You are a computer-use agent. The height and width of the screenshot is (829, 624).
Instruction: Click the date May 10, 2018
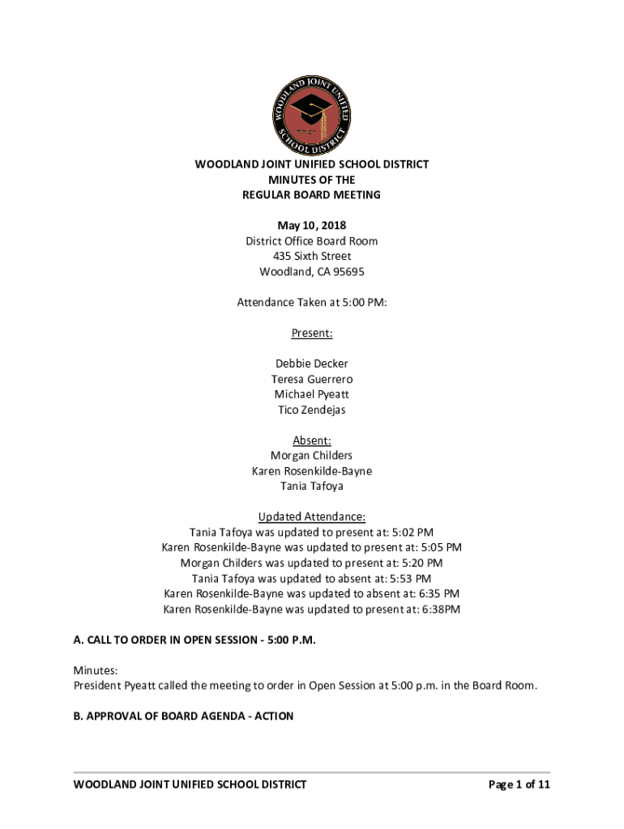click(311, 226)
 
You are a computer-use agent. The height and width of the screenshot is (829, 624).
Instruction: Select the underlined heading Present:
click(311, 334)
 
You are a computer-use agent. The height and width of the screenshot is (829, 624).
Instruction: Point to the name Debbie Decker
click(311, 364)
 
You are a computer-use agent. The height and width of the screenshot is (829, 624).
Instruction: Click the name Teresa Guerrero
click(311, 380)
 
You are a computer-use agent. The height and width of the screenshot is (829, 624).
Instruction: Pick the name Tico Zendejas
click(311, 410)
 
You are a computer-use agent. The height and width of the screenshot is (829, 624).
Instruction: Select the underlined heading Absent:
click(311, 440)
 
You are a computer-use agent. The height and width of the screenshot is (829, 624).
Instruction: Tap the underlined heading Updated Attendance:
click(311, 517)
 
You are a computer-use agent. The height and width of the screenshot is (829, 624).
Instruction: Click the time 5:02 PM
click(412, 533)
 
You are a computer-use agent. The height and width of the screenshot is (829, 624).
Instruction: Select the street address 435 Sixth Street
click(311, 257)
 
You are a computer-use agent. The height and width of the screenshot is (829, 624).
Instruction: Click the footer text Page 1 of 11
click(519, 784)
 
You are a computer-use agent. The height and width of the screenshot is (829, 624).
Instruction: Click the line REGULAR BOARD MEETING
click(311, 195)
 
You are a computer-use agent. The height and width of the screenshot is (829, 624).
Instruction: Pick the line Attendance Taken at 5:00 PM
click(311, 303)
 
